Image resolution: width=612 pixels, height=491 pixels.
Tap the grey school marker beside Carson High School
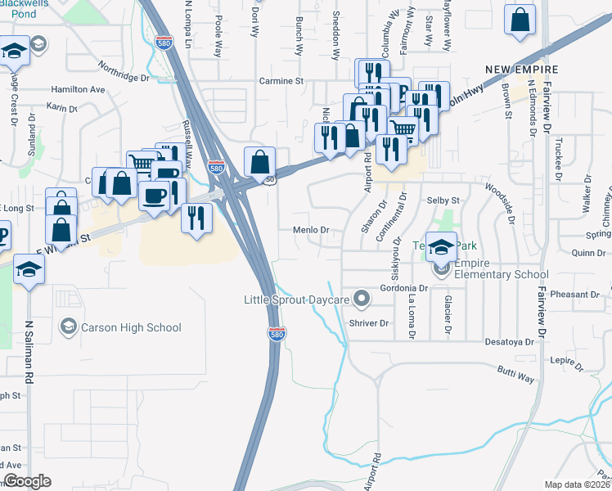[x=69, y=327]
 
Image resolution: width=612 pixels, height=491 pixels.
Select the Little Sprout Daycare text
[x=297, y=300]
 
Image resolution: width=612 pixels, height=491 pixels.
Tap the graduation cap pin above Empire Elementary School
[x=441, y=247]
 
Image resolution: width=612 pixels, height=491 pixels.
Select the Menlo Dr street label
[x=311, y=231]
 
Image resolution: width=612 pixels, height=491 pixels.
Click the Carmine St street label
[x=281, y=82]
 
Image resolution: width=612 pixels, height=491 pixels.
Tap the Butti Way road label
[x=515, y=375]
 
